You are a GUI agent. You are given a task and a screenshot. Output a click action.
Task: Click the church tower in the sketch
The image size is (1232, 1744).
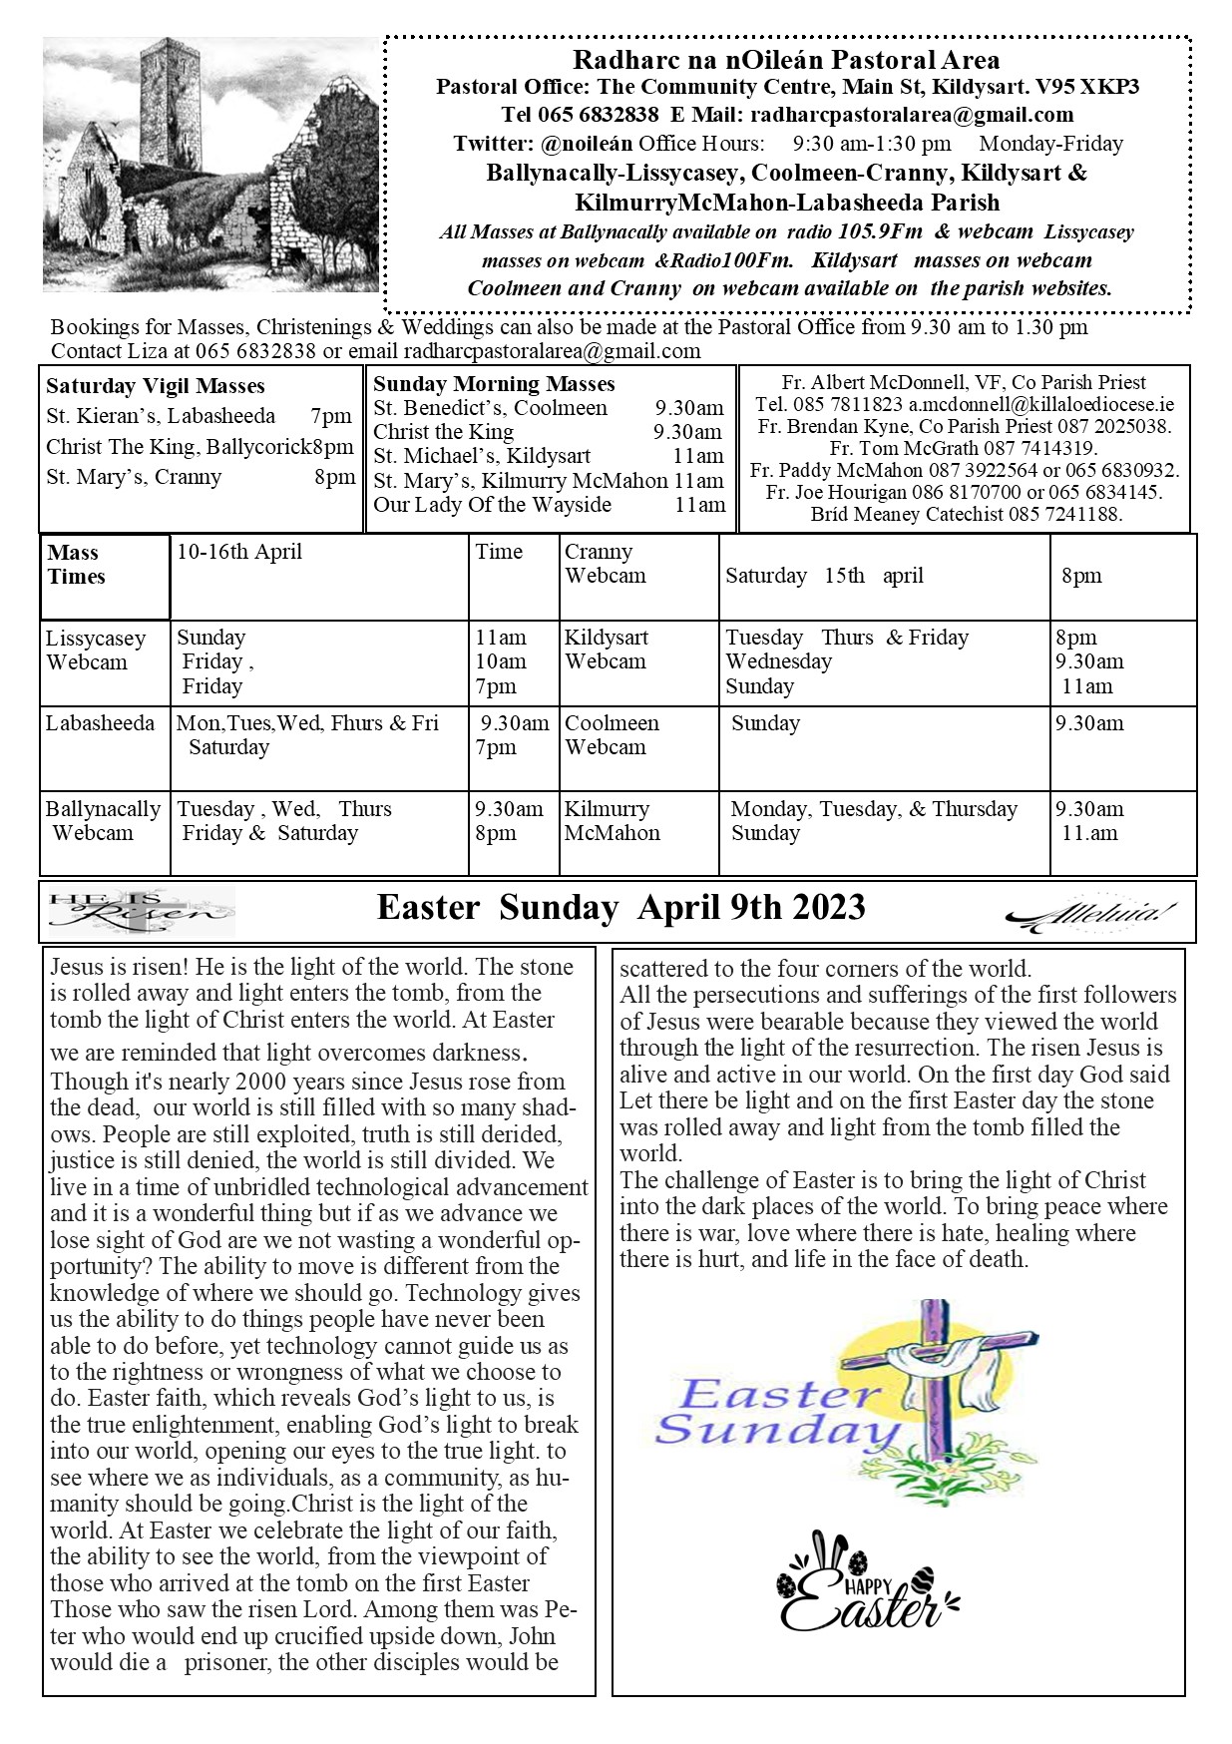coord(159,110)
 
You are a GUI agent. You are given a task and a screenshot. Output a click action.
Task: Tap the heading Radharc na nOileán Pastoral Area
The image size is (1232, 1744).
coord(786,60)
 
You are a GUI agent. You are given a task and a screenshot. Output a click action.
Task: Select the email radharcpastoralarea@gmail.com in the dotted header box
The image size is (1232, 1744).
coord(912,115)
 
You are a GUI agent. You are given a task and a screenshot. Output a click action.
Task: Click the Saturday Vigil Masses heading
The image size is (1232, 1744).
coord(156,386)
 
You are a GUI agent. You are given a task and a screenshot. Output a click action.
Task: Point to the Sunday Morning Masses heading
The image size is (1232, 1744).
coord(494,384)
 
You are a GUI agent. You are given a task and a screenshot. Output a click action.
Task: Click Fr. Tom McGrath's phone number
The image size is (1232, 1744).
coord(1040,448)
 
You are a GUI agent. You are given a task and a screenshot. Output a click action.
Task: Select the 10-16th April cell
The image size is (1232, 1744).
coord(239,552)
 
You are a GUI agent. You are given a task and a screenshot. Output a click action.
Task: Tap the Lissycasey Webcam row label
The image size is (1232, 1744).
coord(96,650)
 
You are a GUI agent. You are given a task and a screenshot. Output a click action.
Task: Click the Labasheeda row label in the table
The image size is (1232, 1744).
coord(101,723)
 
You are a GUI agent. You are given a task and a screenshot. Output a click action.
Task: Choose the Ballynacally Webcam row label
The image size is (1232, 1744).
coord(103,820)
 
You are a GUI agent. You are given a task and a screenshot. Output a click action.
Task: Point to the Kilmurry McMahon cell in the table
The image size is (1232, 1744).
coord(612,820)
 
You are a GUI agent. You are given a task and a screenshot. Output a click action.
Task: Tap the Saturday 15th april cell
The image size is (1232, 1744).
coord(824,576)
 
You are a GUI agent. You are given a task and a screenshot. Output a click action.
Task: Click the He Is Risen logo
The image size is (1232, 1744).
coord(141,909)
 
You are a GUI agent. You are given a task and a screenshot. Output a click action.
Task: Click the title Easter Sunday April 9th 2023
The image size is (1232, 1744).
coord(620,908)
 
